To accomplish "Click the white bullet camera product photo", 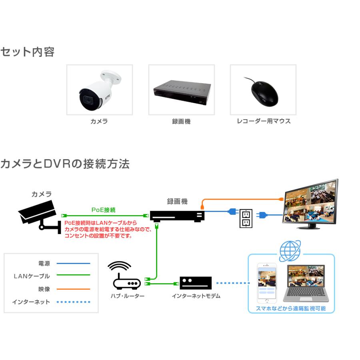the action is click(99, 90).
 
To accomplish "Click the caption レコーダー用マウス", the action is click(264, 121).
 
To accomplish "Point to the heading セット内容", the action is click(27, 52).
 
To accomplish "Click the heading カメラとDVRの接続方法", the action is click(65, 164).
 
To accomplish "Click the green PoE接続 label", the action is click(104, 210).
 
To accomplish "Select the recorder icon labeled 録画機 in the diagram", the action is click(177, 216).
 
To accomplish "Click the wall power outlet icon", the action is click(246, 218).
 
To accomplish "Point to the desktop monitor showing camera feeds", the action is click(310, 203).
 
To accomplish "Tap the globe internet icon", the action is click(290, 251).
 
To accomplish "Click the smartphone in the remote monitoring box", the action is click(267, 283).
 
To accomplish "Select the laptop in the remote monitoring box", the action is click(306, 283).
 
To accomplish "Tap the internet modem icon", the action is click(196, 283).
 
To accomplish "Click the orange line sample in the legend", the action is click(73, 289).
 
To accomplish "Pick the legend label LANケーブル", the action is click(32, 276).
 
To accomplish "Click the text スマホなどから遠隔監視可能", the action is click(291, 308).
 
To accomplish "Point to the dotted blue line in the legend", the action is click(73, 302).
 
